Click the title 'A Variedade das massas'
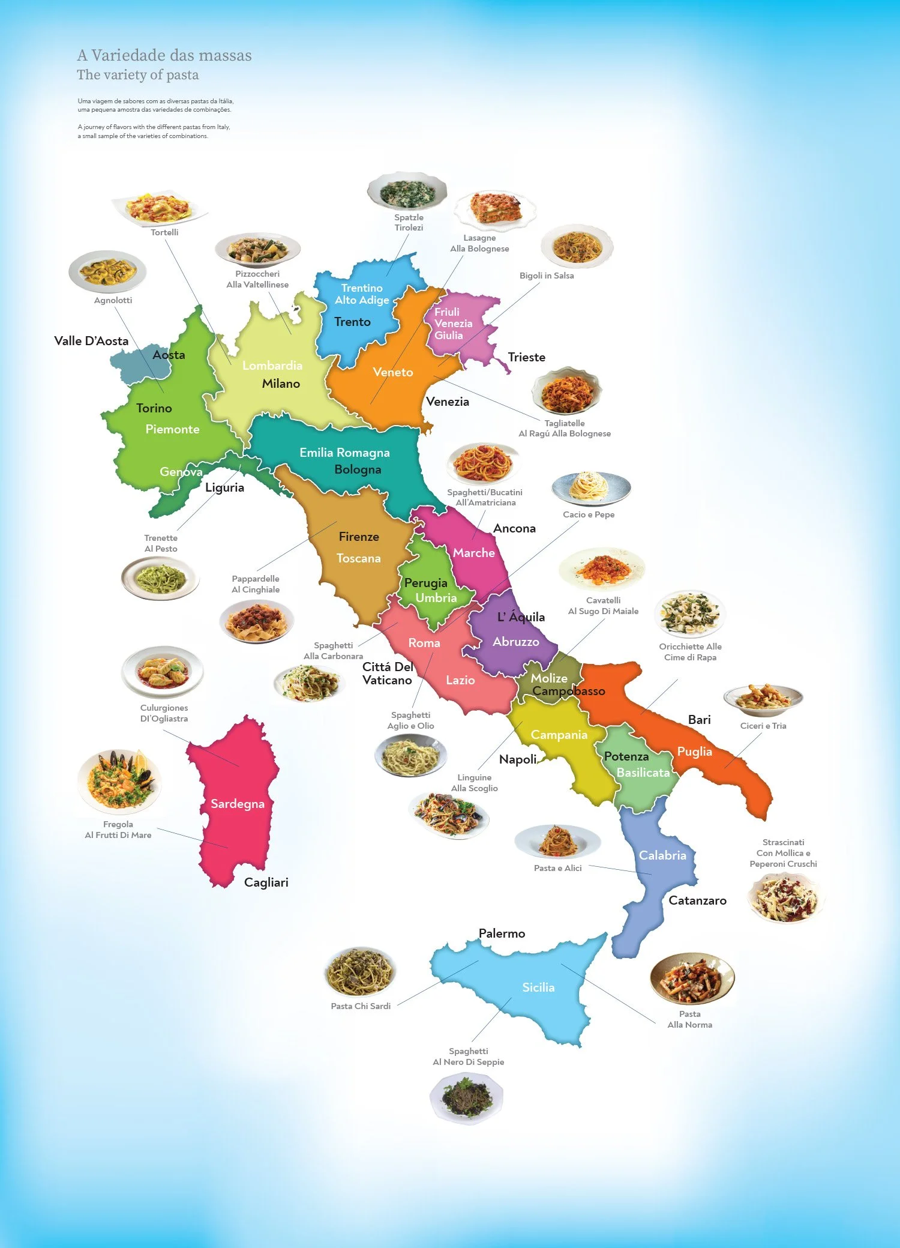164,55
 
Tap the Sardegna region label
237,804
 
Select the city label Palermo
502,933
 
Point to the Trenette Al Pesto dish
160,578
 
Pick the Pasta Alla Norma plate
692,979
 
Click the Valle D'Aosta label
91,341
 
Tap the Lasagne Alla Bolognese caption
479,243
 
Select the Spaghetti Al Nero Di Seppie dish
466,1097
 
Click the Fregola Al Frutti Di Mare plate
119,781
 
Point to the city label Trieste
526,357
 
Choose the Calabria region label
662,855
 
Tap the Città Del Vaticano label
388,674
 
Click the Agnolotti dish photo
107,272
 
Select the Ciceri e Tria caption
763,726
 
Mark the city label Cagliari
266,882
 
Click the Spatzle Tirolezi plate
407,192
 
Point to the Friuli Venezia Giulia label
453,324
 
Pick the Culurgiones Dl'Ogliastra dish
162,672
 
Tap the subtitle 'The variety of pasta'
137,75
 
